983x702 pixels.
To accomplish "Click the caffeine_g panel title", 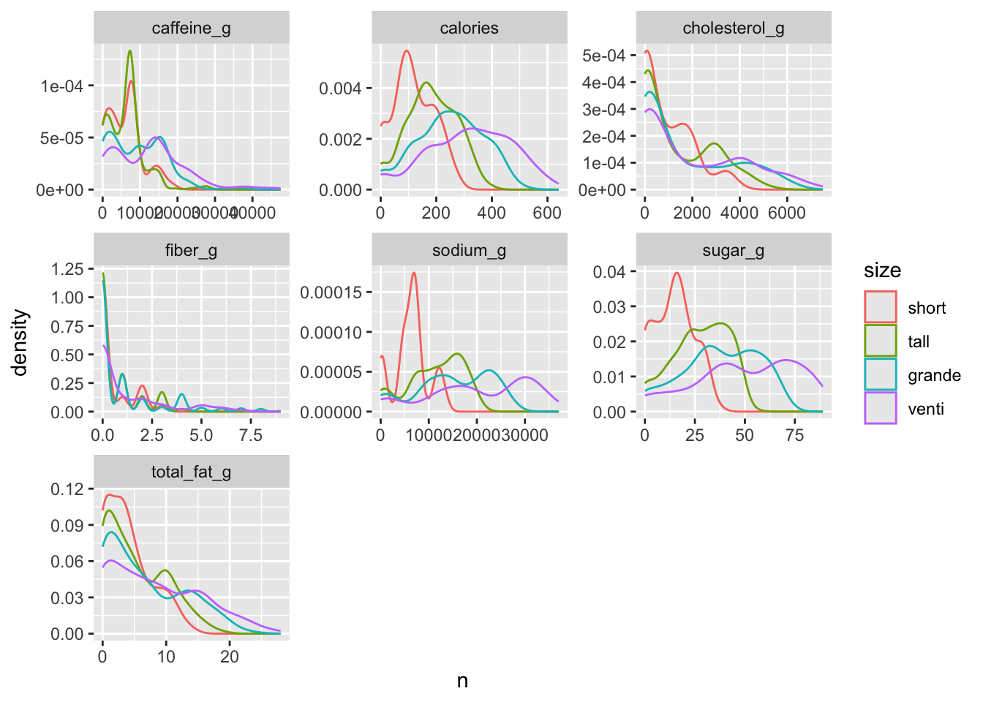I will click(x=191, y=29).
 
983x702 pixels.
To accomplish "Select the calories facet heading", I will click(x=469, y=29).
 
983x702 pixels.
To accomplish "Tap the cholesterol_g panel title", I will click(x=734, y=29).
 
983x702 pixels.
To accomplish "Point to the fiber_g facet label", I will click(x=191, y=251).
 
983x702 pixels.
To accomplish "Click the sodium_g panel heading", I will click(x=469, y=251).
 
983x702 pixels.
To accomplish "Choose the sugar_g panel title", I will click(x=734, y=251).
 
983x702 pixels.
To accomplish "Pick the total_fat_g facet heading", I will click(x=191, y=472).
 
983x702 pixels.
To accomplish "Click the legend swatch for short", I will click(x=880, y=307).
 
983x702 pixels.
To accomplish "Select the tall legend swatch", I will click(x=880, y=341).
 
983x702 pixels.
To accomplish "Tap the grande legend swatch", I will click(x=880, y=374).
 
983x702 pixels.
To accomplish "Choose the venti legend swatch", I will click(x=880, y=408).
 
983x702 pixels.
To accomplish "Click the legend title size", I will click(x=882, y=271).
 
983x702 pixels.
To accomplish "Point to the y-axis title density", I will click(x=20, y=342).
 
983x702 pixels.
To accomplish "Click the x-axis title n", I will click(x=462, y=681).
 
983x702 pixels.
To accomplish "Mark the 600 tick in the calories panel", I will click(x=547, y=214).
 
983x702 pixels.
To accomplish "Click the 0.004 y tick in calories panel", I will click(x=341, y=88).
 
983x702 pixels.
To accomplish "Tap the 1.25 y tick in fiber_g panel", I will click(x=67, y=269).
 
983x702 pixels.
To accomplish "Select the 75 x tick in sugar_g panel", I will click(x=794, y=436).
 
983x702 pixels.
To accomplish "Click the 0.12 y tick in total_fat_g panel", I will click(x=67, y=488).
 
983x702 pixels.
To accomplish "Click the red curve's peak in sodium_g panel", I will click(x=414, y=273).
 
